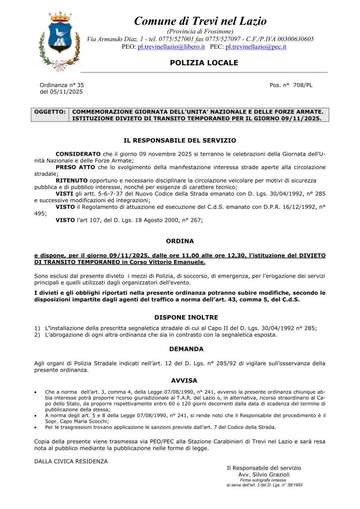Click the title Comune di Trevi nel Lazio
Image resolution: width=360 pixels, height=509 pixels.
coord(200,21)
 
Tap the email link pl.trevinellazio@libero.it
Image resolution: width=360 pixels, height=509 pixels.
coord(171,46)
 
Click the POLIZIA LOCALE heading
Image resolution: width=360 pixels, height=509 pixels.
coord(197,63)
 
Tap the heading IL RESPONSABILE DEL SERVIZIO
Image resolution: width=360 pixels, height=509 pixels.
coord(180,141)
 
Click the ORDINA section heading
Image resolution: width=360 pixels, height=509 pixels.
coord(180,241)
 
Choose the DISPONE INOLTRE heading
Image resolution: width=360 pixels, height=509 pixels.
coord(180,316)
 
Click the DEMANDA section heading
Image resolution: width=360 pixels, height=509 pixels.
coord(180,349)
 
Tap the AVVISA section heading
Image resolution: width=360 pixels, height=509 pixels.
coord(180,380)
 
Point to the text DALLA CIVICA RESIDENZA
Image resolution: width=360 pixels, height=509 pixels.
coord(71,461)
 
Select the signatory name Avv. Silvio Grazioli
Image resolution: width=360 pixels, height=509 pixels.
coord(264,475)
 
